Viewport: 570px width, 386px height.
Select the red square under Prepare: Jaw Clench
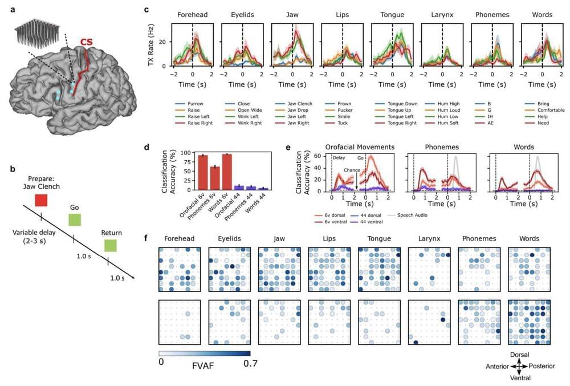[41, 200]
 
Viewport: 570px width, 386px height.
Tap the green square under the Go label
[75, 220]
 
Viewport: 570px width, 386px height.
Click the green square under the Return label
[111, 245]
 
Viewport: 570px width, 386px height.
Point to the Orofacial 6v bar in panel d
[169, 172]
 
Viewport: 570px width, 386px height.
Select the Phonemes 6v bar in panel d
[182, 178]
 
